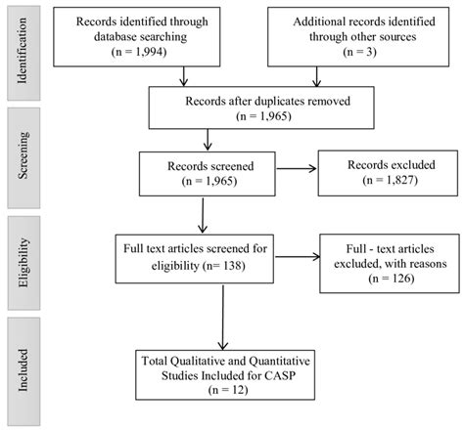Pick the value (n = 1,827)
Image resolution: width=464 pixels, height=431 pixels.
(x=378, y=181)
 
